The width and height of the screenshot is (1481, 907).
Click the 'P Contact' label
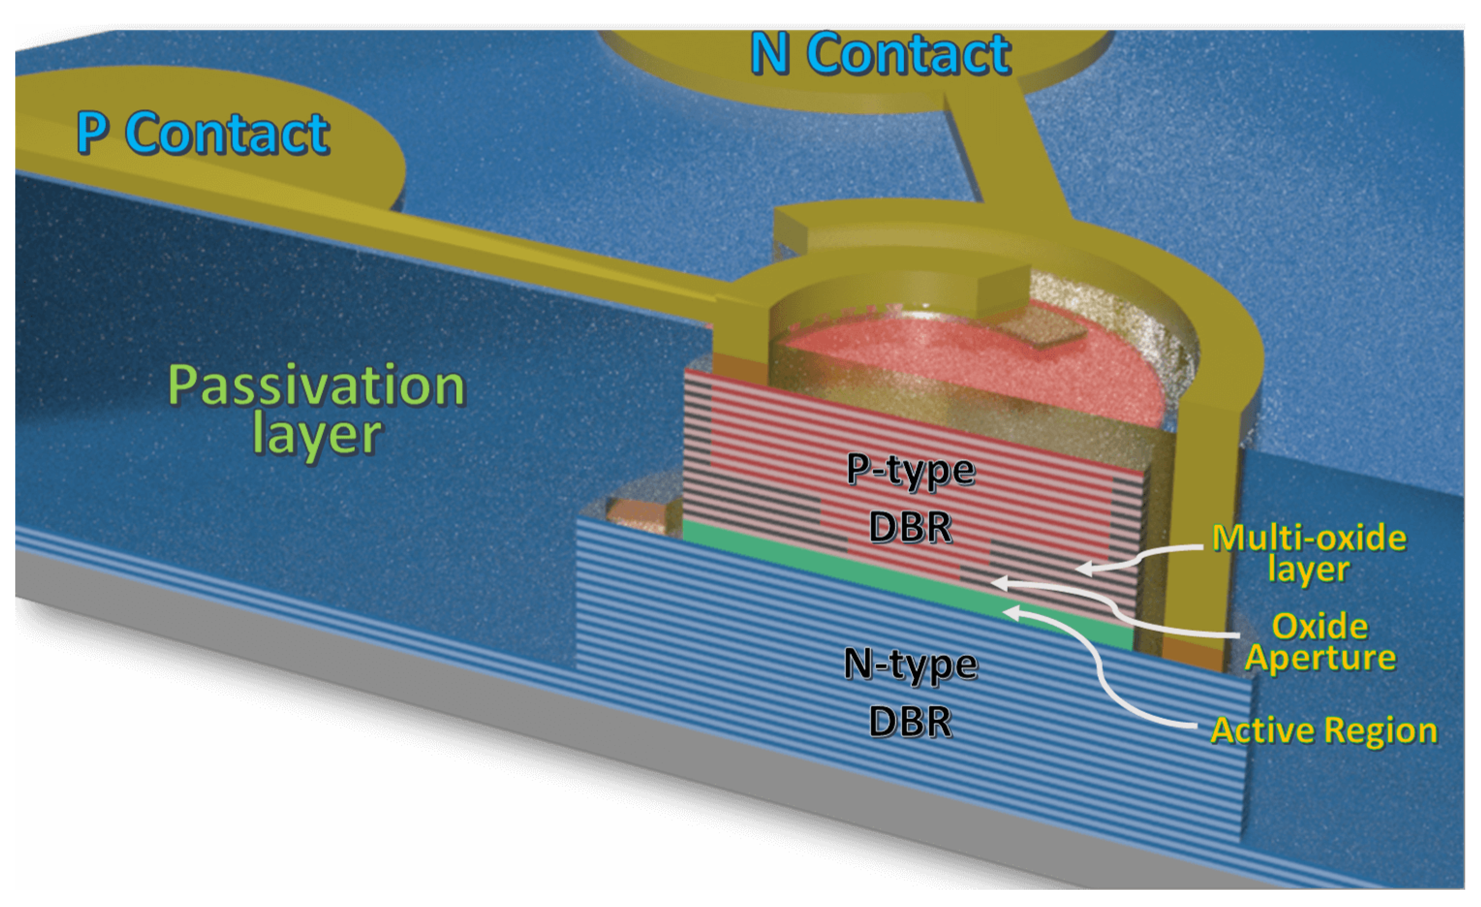(203, 134)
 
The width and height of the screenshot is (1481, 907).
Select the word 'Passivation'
(317, 385)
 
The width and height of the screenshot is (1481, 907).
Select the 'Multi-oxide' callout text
(1309, 537)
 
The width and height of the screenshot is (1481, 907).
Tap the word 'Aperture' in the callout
(1320, 658)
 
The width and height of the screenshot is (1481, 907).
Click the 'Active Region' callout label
(1323, 731)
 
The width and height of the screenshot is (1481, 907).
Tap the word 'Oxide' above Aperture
(1320, 627)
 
